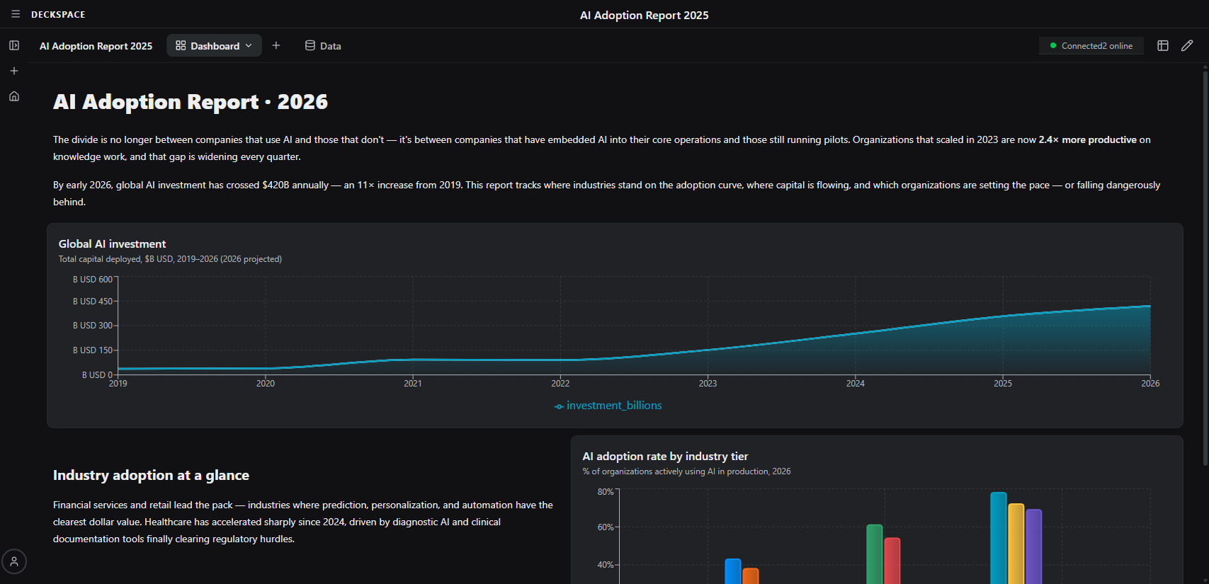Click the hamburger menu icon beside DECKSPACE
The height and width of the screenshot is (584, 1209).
(x=16, y=14)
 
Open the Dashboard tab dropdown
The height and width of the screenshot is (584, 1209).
(x=214, y=46)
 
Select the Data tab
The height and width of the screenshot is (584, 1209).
(x=323, y=46)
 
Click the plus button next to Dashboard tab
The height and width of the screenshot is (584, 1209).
(x=276, y=46)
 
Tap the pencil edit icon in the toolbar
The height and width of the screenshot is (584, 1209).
(x=1187, y=46)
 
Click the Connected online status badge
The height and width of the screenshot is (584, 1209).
(x=1091, y=46)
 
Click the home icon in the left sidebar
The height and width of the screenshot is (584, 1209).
(x=14, y=96)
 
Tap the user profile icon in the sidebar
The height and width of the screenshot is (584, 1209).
(x=14, y=561)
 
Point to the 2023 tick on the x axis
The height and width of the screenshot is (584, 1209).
(x=708, y=383)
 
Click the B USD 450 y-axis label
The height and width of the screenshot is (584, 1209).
(x=93, y=302)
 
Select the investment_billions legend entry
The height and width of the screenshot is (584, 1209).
(x=608, y=406)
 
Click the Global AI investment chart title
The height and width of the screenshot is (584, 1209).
(x=112, y=244)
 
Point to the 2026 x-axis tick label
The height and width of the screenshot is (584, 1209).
(x=1150, y=383)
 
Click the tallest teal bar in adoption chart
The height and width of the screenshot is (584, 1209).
(x=998, y=538)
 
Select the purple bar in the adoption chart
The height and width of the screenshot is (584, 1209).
(x=1033, y=545)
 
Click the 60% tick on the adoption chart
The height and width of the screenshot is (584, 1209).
(x=606, y=527)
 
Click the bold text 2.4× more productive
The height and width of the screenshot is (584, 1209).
(x=1087, y=140)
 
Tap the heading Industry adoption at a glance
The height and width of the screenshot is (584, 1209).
(x=151, y=476)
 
